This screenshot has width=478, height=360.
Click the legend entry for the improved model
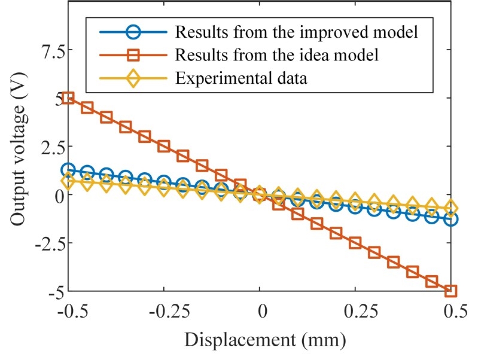[304, 31]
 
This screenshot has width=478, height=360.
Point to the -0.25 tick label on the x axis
[163, 313]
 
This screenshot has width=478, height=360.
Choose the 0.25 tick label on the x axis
[355, 313]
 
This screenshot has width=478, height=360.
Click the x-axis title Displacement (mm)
[265, 340]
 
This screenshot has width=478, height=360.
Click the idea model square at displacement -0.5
[68, 97]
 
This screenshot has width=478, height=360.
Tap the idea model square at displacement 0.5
[450, 291]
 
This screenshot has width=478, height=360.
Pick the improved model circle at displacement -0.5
[68, 170]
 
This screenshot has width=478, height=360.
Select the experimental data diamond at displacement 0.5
[450, 209]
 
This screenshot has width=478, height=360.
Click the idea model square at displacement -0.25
[164, 147]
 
